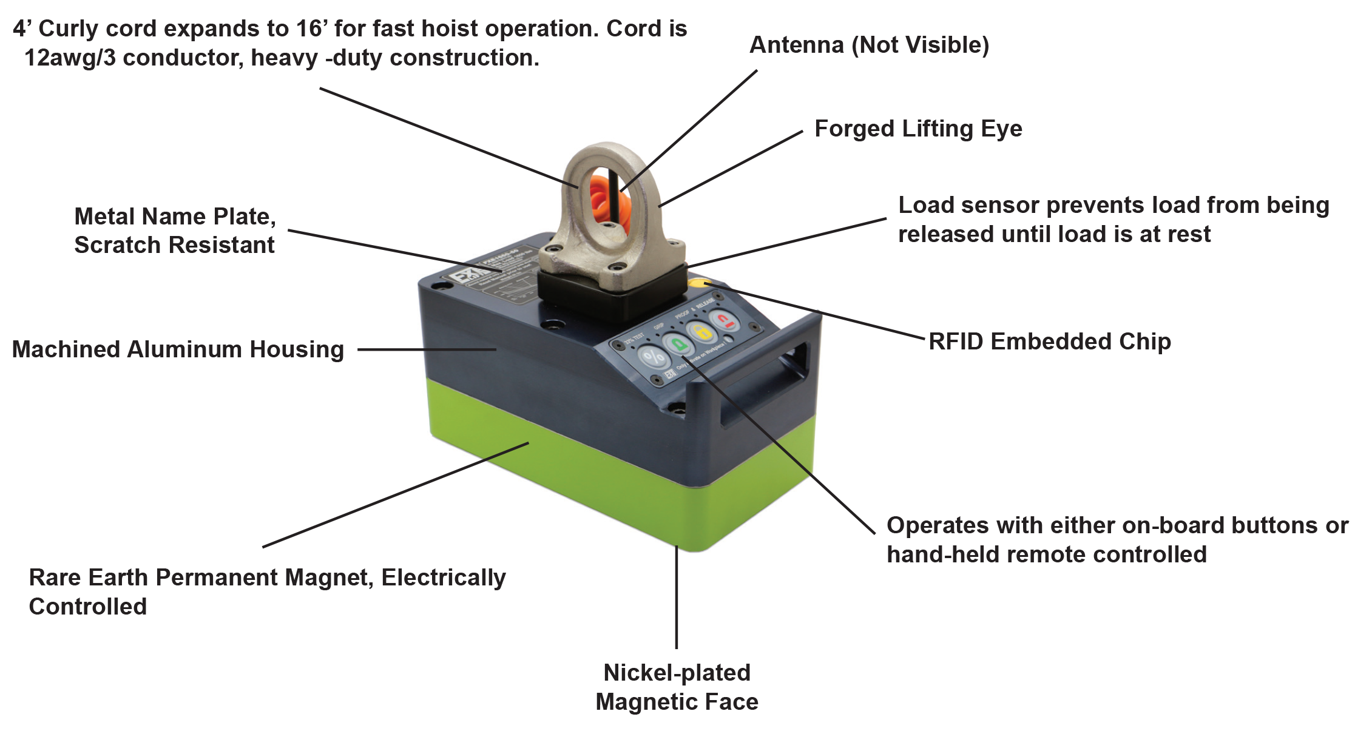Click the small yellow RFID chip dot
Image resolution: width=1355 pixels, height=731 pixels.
coord(698,283)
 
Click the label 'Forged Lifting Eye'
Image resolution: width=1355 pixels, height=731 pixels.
coord(917,129)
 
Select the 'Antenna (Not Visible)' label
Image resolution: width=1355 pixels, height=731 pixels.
coord(869,45)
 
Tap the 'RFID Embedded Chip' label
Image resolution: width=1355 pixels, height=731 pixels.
coord(1049,342)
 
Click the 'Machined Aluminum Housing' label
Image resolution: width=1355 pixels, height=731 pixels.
coord(178,349)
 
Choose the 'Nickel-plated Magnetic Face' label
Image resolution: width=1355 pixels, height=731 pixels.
coord(677,687)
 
